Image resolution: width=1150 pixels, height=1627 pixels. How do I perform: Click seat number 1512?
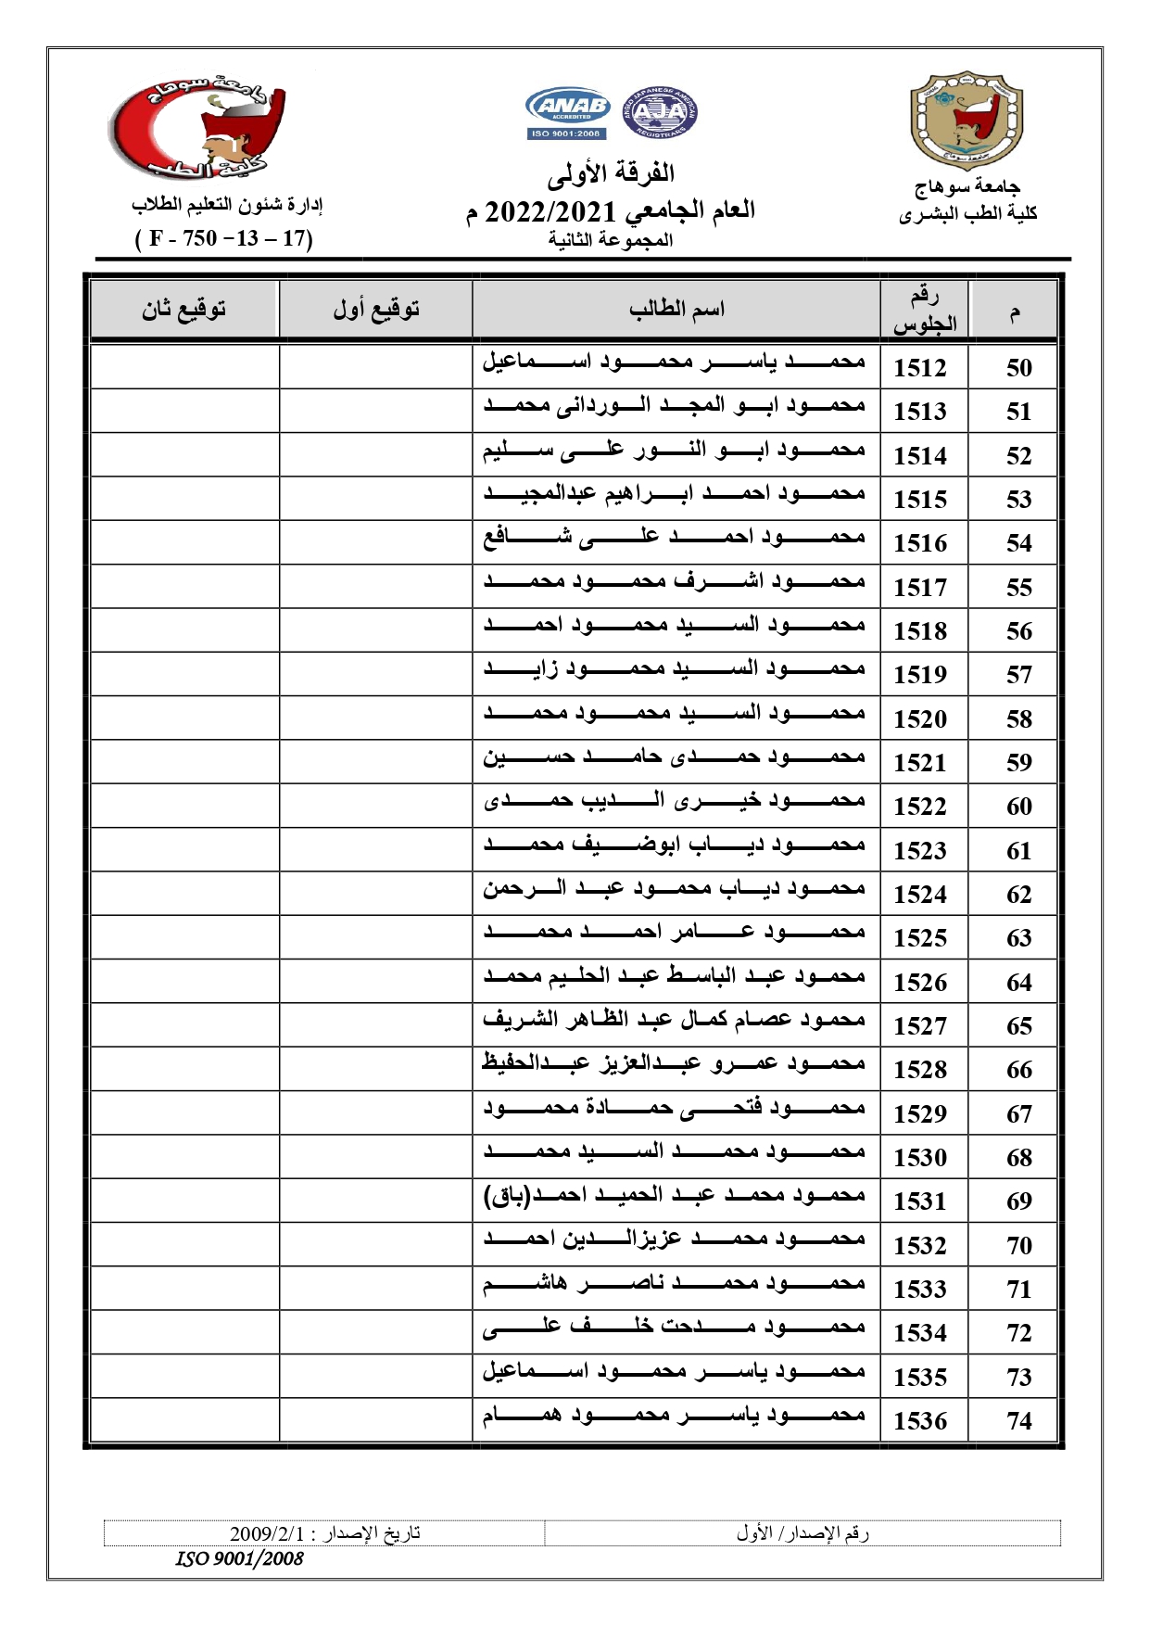pyautogui.click(x=919, y=368)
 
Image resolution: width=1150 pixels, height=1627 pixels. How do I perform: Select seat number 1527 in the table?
pyautogui.click(x=919, y=1026)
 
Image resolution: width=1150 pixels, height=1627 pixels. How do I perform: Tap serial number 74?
pyautogui.click(x=1018, y=1421)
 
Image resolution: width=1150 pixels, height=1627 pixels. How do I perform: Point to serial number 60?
pyautogui.click(x=1018, y=807)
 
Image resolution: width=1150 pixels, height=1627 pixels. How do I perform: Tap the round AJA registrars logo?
pyautogui.click(x=660, y=114)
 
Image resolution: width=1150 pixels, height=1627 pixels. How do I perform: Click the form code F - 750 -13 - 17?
pyautogui.click(x=224, y=238)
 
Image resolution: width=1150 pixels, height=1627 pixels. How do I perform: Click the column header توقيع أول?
pyautogui.click(x=376, y=309)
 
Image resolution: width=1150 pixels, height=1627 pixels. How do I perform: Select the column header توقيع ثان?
pyautogui.click(x=183, y=309)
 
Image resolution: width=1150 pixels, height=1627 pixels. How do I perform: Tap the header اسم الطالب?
pyautogui.click(x=676, y=309)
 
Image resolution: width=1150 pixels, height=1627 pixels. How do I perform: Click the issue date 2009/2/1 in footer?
pyautogui.click(x=325, y=1532)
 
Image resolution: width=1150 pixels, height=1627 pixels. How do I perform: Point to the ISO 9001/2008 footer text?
pyautogui.click(x=239, y=1558)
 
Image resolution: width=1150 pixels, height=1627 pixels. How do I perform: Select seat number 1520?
pyautogui.click(x=919, y=719)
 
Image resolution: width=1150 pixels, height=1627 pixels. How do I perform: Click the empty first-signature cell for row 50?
pyautogui.click(x=375, y=367)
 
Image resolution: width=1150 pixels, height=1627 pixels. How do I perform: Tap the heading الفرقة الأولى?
pyautogui.click(x=610, y=173)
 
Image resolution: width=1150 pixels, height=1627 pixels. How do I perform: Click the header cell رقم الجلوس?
pyautogui.click(x=924, y=310)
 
